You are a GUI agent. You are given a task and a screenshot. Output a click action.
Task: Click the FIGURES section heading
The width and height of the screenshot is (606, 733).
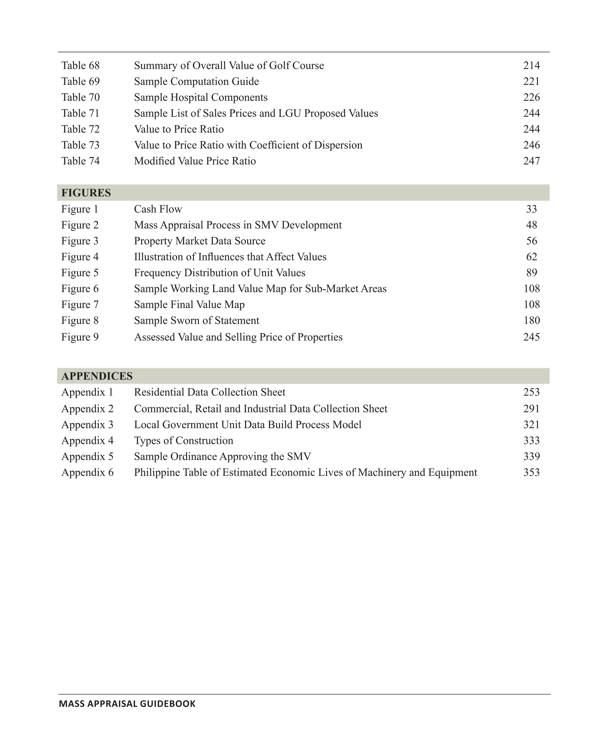click(86, 193)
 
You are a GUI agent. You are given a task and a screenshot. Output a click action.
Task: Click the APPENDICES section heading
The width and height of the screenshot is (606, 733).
click(97, 376)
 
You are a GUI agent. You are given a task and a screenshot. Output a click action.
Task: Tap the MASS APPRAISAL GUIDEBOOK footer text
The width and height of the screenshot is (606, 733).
click(127, 704)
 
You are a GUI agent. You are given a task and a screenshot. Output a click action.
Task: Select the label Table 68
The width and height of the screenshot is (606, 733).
click(80, 66)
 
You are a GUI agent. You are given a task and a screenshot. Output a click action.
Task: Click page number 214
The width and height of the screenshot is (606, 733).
click(531, 66)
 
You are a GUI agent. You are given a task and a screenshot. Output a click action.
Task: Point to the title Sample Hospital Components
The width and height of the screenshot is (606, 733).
click(201, 97)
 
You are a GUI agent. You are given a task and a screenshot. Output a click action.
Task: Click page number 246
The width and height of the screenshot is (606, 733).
click(531, 145)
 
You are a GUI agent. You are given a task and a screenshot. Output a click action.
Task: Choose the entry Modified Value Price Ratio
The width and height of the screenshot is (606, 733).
click(195, 161)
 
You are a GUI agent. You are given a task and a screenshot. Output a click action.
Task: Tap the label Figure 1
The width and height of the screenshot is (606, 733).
click(80, 209)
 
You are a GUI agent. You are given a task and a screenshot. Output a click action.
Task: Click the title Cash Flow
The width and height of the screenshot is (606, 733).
click(158, 209)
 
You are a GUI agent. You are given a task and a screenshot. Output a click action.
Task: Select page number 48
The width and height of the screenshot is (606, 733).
click(531, 225)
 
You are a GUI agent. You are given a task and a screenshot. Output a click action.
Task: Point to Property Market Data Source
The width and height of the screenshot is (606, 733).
click(199, 241)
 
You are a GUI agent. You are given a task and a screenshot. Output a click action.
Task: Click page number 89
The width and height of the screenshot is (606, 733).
click(531, 273)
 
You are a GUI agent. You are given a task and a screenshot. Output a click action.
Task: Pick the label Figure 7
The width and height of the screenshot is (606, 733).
click(80, 305)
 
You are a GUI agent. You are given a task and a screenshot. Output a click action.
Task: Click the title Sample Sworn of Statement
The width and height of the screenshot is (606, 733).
click(196, 320)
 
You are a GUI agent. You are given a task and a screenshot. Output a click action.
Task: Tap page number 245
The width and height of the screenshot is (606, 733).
click(531, 337)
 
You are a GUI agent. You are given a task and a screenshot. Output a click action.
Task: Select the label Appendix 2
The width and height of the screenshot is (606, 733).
click(87, 409)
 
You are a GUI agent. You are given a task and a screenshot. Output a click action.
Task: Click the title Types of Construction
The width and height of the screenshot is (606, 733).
click(183, 441)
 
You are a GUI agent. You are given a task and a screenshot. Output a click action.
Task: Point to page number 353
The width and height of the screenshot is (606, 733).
click(531, 472)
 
